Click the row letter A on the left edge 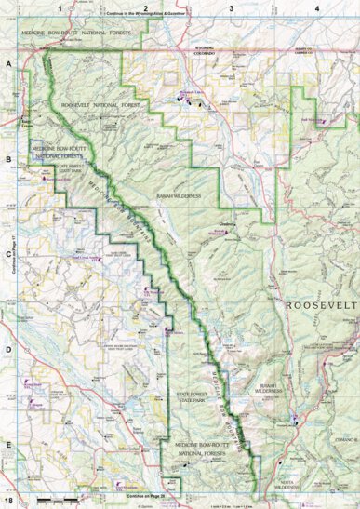tap(7, 65)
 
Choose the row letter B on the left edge tap(7, 159)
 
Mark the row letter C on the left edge tap(7, 253)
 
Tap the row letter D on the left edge tap(7, 348)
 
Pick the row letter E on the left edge tap(7, 444)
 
